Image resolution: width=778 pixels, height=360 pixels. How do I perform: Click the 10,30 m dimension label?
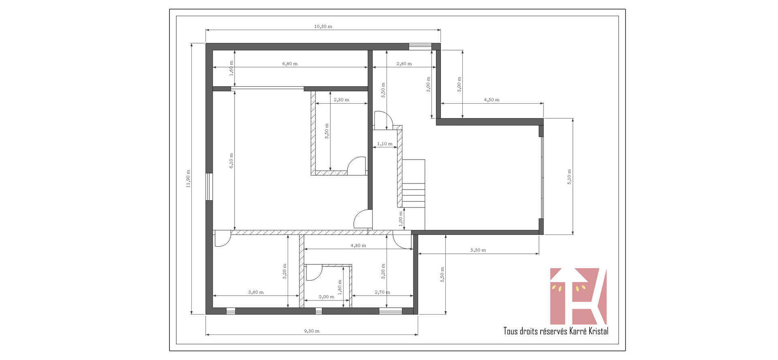pyautogui.click(x=323, y=26)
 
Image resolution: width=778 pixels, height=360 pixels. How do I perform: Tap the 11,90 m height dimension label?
pyautogui.click(x=188, y=179)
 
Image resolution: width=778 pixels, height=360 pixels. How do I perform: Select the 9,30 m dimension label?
pyautogui.click(x=312, y=331)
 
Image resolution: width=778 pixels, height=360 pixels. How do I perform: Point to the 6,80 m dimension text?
pyautogui.click(x=290, y=64)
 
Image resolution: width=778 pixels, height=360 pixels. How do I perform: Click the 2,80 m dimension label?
pyautogui.click(x=404, y=64)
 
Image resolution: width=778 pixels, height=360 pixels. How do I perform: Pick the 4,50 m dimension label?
pyautogui.click(x=492, y=100)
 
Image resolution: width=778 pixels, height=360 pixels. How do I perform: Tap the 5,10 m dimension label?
pyautogui.click(x=569, y=177)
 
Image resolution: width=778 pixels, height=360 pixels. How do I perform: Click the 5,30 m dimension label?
pyautogui.click(x=478, y=250)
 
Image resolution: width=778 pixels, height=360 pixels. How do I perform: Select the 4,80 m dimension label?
pyautogui.click(x=358, y=245)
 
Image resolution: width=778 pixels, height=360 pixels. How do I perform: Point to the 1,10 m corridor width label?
pyautogui.click(x=385, y=144)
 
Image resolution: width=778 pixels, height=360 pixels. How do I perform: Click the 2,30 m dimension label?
pyautogui.click(x=341, y=100)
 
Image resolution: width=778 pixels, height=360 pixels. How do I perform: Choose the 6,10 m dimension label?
pyautogui.click(x=231, y=161)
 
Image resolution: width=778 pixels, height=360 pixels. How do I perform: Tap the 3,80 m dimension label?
pyautogui.click(x=256, y=292)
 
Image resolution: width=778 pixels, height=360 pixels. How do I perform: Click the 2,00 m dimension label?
pyautogui.click(x=327, y=297)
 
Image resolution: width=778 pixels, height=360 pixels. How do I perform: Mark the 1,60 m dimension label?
pyautogui.click(x=231, y=68)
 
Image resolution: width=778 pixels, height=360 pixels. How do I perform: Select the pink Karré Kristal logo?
pyautogui.click(x=578, y=296)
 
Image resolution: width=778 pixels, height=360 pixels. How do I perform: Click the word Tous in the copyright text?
pyautogui.click(x=511, y=331)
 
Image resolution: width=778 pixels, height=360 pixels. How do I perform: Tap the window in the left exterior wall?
pyautogui.click(x=209, y=187)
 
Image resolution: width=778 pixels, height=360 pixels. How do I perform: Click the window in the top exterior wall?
pyautogui.click(x=420, y=47)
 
